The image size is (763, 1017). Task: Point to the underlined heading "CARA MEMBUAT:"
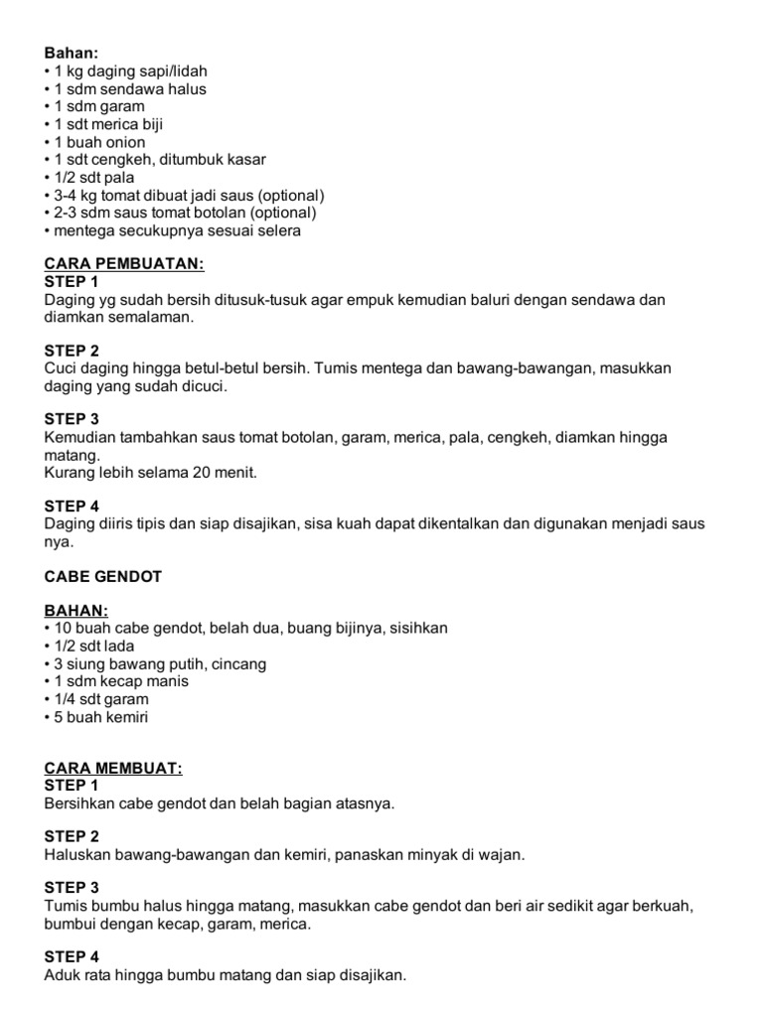click(114, 768)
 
